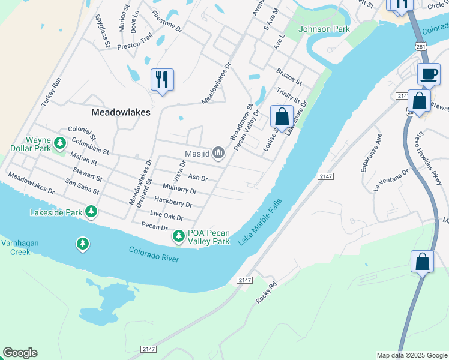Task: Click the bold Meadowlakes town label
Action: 121,112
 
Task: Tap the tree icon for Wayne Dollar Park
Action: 59,143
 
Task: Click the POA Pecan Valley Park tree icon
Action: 179,237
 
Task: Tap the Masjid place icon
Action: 218,154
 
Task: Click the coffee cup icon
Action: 429,74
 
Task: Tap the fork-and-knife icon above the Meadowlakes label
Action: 162,79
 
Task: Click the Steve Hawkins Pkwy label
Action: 429,158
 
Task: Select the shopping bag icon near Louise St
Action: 282,116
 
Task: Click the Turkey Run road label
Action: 52,92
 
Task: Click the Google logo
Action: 20,353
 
